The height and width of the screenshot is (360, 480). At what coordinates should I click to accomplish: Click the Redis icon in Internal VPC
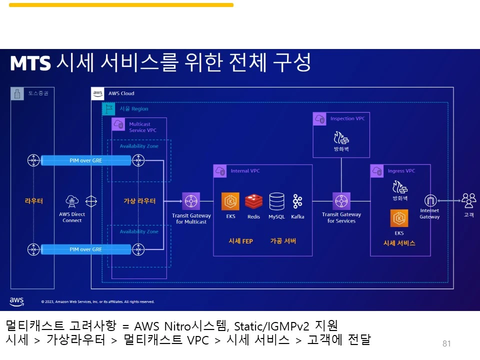click(x=254, y=201)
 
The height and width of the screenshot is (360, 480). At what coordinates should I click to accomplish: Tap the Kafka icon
click(x=297, y=201)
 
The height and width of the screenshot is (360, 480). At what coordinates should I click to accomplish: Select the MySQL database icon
click(x=276, y=201)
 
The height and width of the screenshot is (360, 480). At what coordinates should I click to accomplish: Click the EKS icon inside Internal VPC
click(x=230, y=201)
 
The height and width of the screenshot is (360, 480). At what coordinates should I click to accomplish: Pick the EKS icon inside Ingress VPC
click(x=399, y=218)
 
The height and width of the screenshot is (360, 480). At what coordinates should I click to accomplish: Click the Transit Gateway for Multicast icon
click(x=191, y=201)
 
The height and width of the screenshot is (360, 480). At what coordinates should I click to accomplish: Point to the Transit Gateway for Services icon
click(x=341, y=201)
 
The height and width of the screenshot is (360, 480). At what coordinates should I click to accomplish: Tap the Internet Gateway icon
click(x=430, y=201)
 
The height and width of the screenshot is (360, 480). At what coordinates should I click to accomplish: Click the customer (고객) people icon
click(x=468, y=200)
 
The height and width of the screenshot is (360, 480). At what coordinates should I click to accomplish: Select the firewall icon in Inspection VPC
click(x=341, y=137)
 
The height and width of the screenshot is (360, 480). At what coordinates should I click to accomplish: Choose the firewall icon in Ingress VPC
click(x=399, y=188)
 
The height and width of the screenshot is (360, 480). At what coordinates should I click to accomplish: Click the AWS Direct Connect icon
click(x=72, y=201)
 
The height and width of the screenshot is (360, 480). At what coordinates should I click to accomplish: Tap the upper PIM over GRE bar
click(x=85, y=160)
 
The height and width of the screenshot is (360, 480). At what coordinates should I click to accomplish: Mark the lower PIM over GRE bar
click(x=85, y=249)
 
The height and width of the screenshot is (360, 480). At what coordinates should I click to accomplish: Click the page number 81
click(x=446, y=343)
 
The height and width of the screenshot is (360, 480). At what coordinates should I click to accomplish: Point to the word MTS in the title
click(x=30, y=63)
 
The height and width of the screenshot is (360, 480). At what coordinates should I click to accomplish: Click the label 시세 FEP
click(x=240, y=241)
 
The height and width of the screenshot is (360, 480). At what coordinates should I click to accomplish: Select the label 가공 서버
click(x=283, y=241)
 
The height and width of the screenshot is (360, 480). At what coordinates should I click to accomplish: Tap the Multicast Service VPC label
click(x=142, y=127)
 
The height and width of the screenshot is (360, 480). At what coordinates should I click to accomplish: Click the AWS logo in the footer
click(x=17, y=301)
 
